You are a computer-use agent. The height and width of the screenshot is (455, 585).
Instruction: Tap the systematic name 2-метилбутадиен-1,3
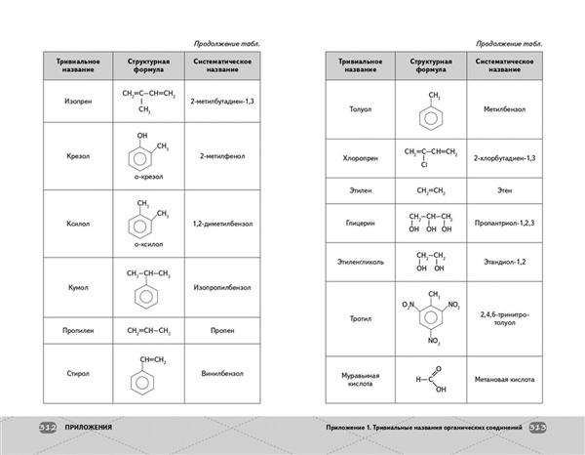point(223,101)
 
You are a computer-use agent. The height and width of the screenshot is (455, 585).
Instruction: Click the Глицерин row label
point(354,223)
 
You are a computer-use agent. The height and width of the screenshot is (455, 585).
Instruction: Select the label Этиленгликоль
point(354,263)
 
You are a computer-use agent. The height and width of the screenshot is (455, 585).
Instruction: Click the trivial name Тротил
point(354,316)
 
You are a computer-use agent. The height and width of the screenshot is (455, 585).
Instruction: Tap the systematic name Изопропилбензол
point(223,289)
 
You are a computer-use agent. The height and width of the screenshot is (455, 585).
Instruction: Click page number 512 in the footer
point(46,428)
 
